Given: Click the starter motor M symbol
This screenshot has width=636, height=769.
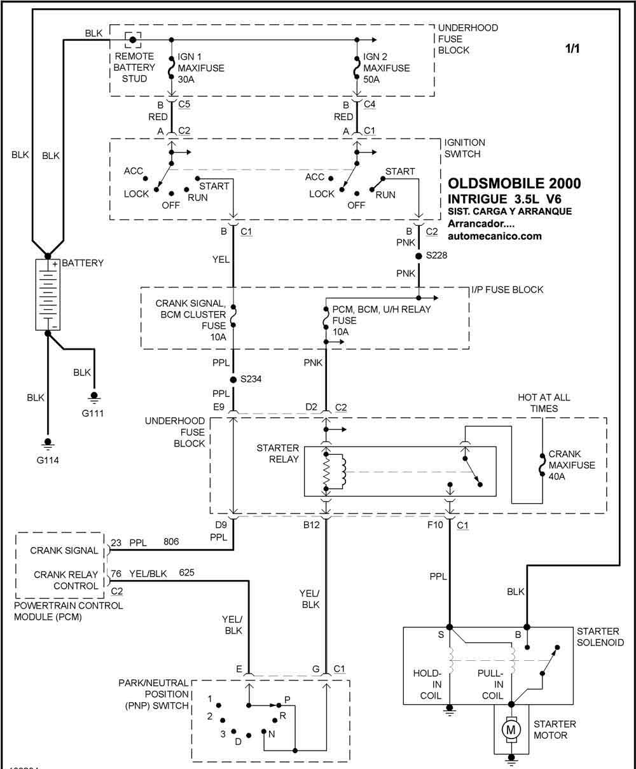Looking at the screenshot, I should [510, 730].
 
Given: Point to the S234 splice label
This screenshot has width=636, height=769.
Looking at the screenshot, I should [250, 379].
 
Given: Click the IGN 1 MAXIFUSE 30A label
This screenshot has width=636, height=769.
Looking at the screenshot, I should [201, 68].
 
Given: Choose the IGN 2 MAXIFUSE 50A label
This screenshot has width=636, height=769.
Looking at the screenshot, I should [387, 68].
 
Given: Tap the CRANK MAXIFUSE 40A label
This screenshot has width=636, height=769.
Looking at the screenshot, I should [572, 465].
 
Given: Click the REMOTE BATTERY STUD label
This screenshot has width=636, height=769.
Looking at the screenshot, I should [134, 67].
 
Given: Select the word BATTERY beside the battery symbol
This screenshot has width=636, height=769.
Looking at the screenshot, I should [83, 263].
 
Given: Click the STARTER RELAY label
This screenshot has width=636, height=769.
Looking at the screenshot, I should [277, 454].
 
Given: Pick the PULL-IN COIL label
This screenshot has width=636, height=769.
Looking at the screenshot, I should [490, 684].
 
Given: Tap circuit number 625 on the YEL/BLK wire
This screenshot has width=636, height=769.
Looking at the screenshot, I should [188, 572].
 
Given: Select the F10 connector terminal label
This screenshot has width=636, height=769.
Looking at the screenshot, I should [436, 525].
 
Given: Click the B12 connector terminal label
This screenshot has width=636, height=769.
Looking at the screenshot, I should [312, 525].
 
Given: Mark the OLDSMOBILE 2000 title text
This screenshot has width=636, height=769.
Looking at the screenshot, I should [514, 183].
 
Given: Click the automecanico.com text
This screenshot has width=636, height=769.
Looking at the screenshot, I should [495, 235].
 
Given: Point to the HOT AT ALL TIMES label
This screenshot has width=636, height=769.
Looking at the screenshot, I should [544, 403].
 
